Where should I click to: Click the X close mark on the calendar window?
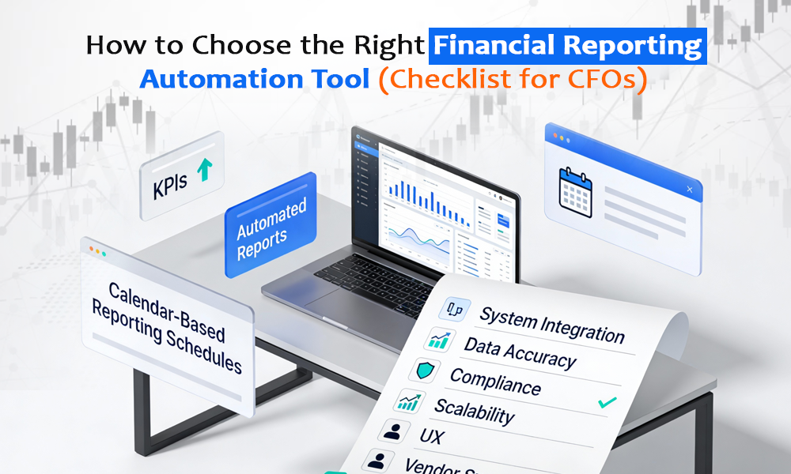(x=691, y=190)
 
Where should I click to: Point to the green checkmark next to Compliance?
(x=607, y=403)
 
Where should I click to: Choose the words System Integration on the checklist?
(x=551, y=324)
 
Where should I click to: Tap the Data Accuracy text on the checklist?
(x=520, y=354)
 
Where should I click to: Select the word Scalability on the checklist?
(x=474, y=410)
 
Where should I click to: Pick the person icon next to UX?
(x=391, y=430)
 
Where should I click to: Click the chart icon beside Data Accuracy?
(x=439, y=340)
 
